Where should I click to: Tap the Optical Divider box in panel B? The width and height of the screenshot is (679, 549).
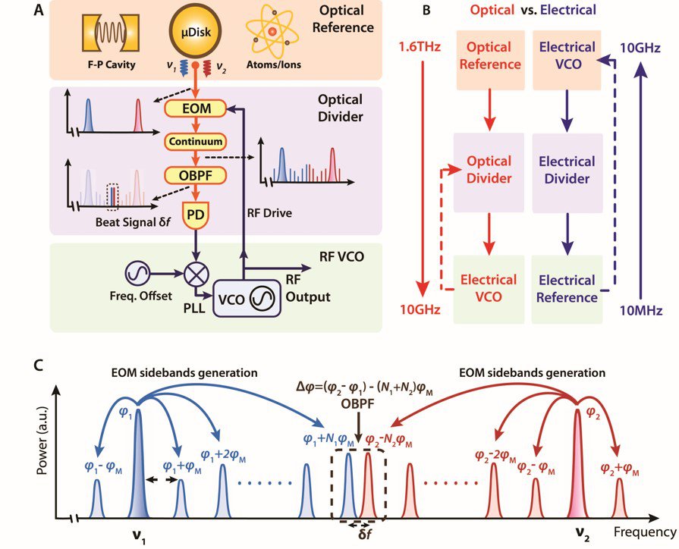tap(488, 171)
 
